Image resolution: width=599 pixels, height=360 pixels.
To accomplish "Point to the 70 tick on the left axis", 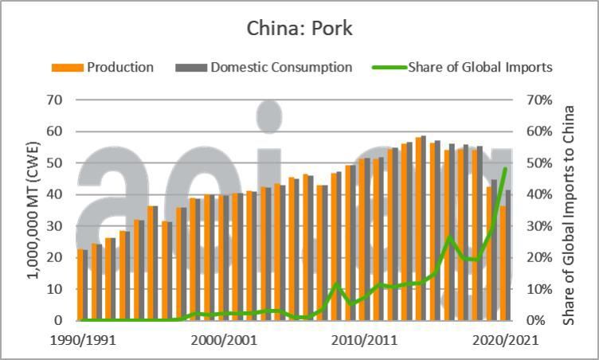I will coord(54,100).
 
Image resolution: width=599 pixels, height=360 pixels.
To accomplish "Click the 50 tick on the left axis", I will coord(54,163).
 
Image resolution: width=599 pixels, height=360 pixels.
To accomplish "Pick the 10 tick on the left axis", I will coord(54,289).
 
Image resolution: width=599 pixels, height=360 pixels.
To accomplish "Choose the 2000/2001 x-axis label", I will coord(222,340).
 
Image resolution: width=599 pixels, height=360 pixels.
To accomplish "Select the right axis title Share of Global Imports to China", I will coord(569,215).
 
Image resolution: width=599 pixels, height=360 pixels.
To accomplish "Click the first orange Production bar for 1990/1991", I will coord(80,285).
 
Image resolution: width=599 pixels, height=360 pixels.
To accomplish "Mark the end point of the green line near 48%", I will coord(504,169).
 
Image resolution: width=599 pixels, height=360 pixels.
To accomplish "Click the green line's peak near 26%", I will coord(450,237).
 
